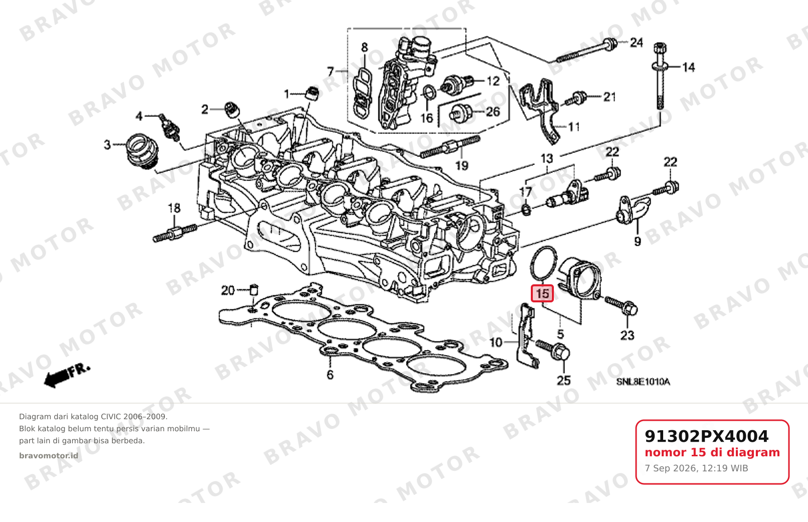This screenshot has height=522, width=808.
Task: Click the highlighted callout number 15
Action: coord(542,294)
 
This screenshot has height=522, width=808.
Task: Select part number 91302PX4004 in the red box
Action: coord(706,436)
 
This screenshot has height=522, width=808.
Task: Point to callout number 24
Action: coord(636,43)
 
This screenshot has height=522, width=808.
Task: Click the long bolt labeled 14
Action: coord(660,76)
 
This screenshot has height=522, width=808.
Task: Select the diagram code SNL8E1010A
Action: coord(643,382)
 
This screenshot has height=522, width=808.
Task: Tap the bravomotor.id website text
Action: coord(49,456)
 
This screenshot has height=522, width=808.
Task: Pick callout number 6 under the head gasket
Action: coord(330,375)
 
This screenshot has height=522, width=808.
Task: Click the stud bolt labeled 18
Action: coord(175,233)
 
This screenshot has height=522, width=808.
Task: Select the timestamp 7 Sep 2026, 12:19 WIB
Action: coord(696,468)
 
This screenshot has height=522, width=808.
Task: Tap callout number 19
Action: coord(462,165)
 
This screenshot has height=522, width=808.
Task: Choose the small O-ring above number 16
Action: coord(429,92)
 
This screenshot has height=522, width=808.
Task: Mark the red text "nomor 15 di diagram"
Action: coord(712,452)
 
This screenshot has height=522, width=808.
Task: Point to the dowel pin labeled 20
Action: coord(254,290)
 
